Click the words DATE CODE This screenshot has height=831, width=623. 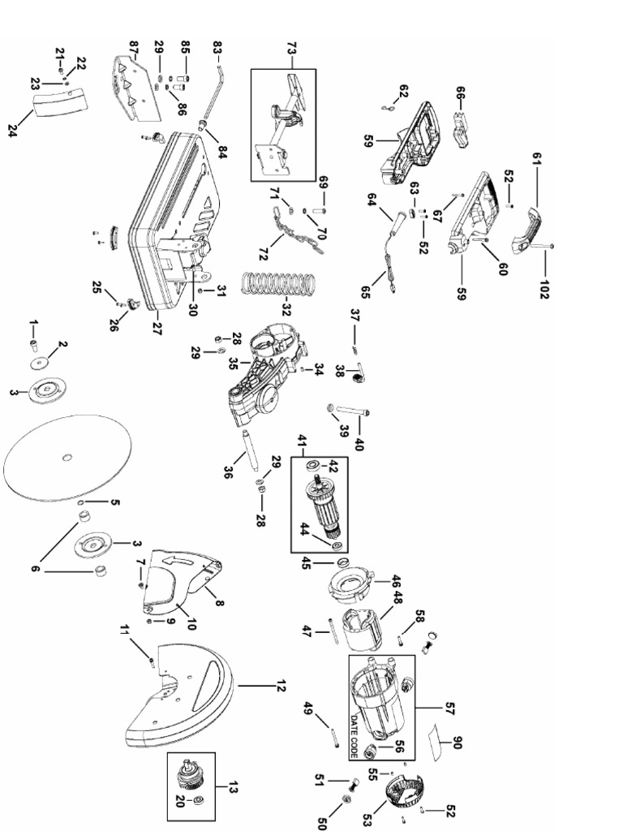[x=354, y=734]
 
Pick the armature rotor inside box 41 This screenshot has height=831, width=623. [x=320, y=508]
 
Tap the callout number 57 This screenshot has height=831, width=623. [x=450, y=709]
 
